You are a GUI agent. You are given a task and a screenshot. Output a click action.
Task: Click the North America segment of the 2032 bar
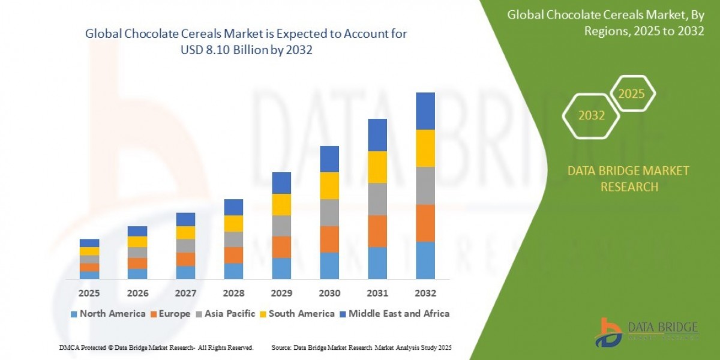(x=425, y=260)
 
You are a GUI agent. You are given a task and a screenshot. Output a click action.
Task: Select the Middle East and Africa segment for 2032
(x=425, y=111)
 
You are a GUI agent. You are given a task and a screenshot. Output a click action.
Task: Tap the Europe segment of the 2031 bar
(x=377, y=231)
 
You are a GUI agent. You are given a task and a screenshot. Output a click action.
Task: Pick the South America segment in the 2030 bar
(x=329, y=185)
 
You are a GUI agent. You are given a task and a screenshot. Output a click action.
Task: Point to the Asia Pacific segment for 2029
(x=281, y=226)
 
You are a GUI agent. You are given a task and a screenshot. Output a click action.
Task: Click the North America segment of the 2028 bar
(x=233, y=271)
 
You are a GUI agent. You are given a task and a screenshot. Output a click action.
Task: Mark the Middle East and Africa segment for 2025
(x=89, y=243)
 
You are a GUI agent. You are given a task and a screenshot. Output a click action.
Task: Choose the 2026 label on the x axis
(x=137, y=293)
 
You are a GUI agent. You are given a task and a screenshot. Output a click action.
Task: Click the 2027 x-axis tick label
(x=185, y=293)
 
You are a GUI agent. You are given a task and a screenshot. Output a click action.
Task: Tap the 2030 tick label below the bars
(x=329, y=293)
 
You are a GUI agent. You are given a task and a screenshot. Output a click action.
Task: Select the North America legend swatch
(x=74, y=314)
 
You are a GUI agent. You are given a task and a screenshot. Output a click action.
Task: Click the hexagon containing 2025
(x=631, y=94)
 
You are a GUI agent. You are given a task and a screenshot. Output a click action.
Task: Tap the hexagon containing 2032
(x=592, y=116)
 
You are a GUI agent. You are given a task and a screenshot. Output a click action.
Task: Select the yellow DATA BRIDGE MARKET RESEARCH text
(x=628, y=179)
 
